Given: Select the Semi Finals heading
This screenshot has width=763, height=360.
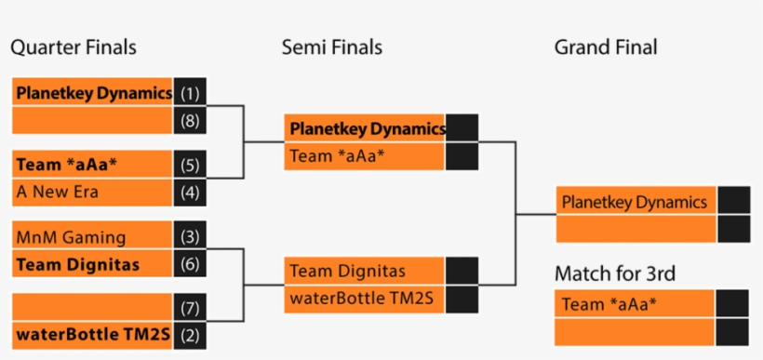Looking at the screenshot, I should point(331,47).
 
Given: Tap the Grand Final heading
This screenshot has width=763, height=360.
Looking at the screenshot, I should point(605,47).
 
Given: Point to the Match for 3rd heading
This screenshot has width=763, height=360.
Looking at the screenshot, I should point(614,273).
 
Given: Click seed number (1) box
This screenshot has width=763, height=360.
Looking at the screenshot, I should point(190,93).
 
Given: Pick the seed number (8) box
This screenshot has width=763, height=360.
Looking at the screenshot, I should point(190,120).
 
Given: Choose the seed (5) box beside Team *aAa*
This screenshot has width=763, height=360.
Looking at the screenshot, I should point(190,166).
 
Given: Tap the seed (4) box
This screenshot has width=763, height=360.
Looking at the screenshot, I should point(190,193).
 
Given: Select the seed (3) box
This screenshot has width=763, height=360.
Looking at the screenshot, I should point(190,237).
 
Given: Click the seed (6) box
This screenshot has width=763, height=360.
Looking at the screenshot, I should point(190,264).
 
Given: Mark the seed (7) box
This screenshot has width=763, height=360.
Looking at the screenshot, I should point(190,307).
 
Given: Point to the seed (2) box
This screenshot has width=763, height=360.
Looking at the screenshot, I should point(190,334).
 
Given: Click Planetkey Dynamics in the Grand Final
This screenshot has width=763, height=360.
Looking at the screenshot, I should point(636,202).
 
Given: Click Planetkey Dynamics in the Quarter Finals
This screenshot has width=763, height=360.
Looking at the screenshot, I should point(93,93).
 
